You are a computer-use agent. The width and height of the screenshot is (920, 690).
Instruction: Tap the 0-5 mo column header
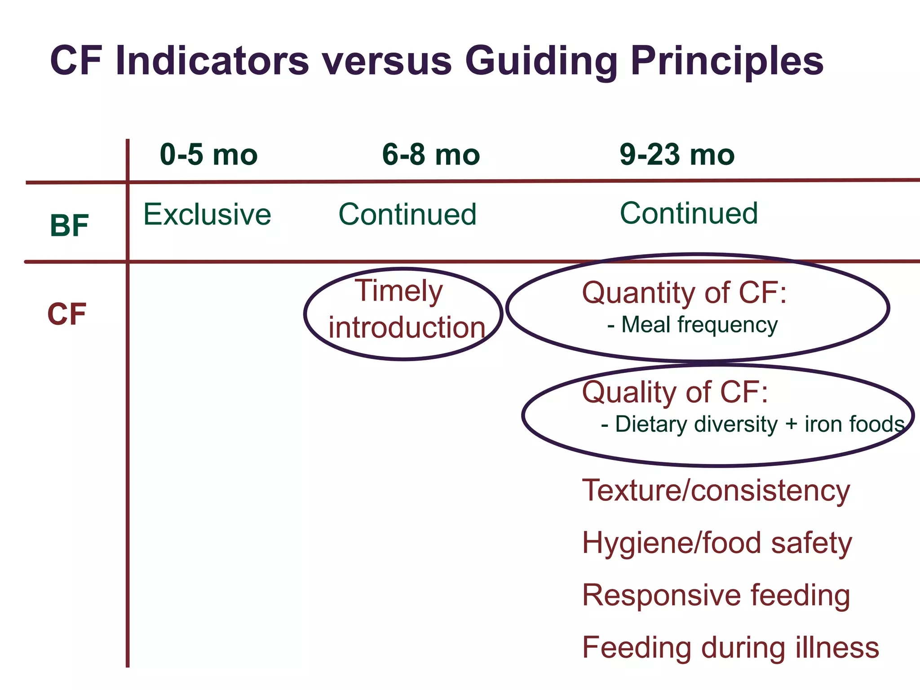pyautogui.click(x=208, y=155)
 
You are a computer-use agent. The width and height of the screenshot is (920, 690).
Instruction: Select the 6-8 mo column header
pyautogui.click(x=431, y=155)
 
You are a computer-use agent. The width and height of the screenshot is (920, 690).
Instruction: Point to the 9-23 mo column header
pyautogui.click(x=677, y=155)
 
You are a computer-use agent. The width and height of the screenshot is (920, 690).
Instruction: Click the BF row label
pyautogui.click(x=69, y=226)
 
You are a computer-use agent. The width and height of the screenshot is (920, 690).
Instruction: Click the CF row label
pyautogui.click(x=66, y=314)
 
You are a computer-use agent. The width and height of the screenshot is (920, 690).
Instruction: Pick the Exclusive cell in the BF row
pyautogui.click(x=207, y=214)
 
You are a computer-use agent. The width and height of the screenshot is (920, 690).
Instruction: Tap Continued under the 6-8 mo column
pyautogui.click(x=407, y=214)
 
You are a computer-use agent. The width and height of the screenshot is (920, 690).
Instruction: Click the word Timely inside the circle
pyautogui.click(x=399, y=291)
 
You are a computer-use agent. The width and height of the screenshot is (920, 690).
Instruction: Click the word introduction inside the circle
pyautogui.click(x=407, y=327)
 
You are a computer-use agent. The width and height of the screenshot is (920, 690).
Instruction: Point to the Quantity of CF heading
pyautogui.click(x=684, y=292)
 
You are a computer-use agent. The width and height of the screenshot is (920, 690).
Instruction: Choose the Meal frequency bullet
pyautogui.click(x=699, y=324)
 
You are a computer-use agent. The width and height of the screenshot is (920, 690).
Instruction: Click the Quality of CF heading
pyautogui.click(x=675, y=392)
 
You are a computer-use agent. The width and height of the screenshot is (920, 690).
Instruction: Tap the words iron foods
pyautogui.click(x=854, y=424)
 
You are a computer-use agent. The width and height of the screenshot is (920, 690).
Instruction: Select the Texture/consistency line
pyautogui.click(x=716, y=490)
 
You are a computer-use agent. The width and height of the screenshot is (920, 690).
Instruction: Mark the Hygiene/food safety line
pyautogui.click(x=717, y=543)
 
